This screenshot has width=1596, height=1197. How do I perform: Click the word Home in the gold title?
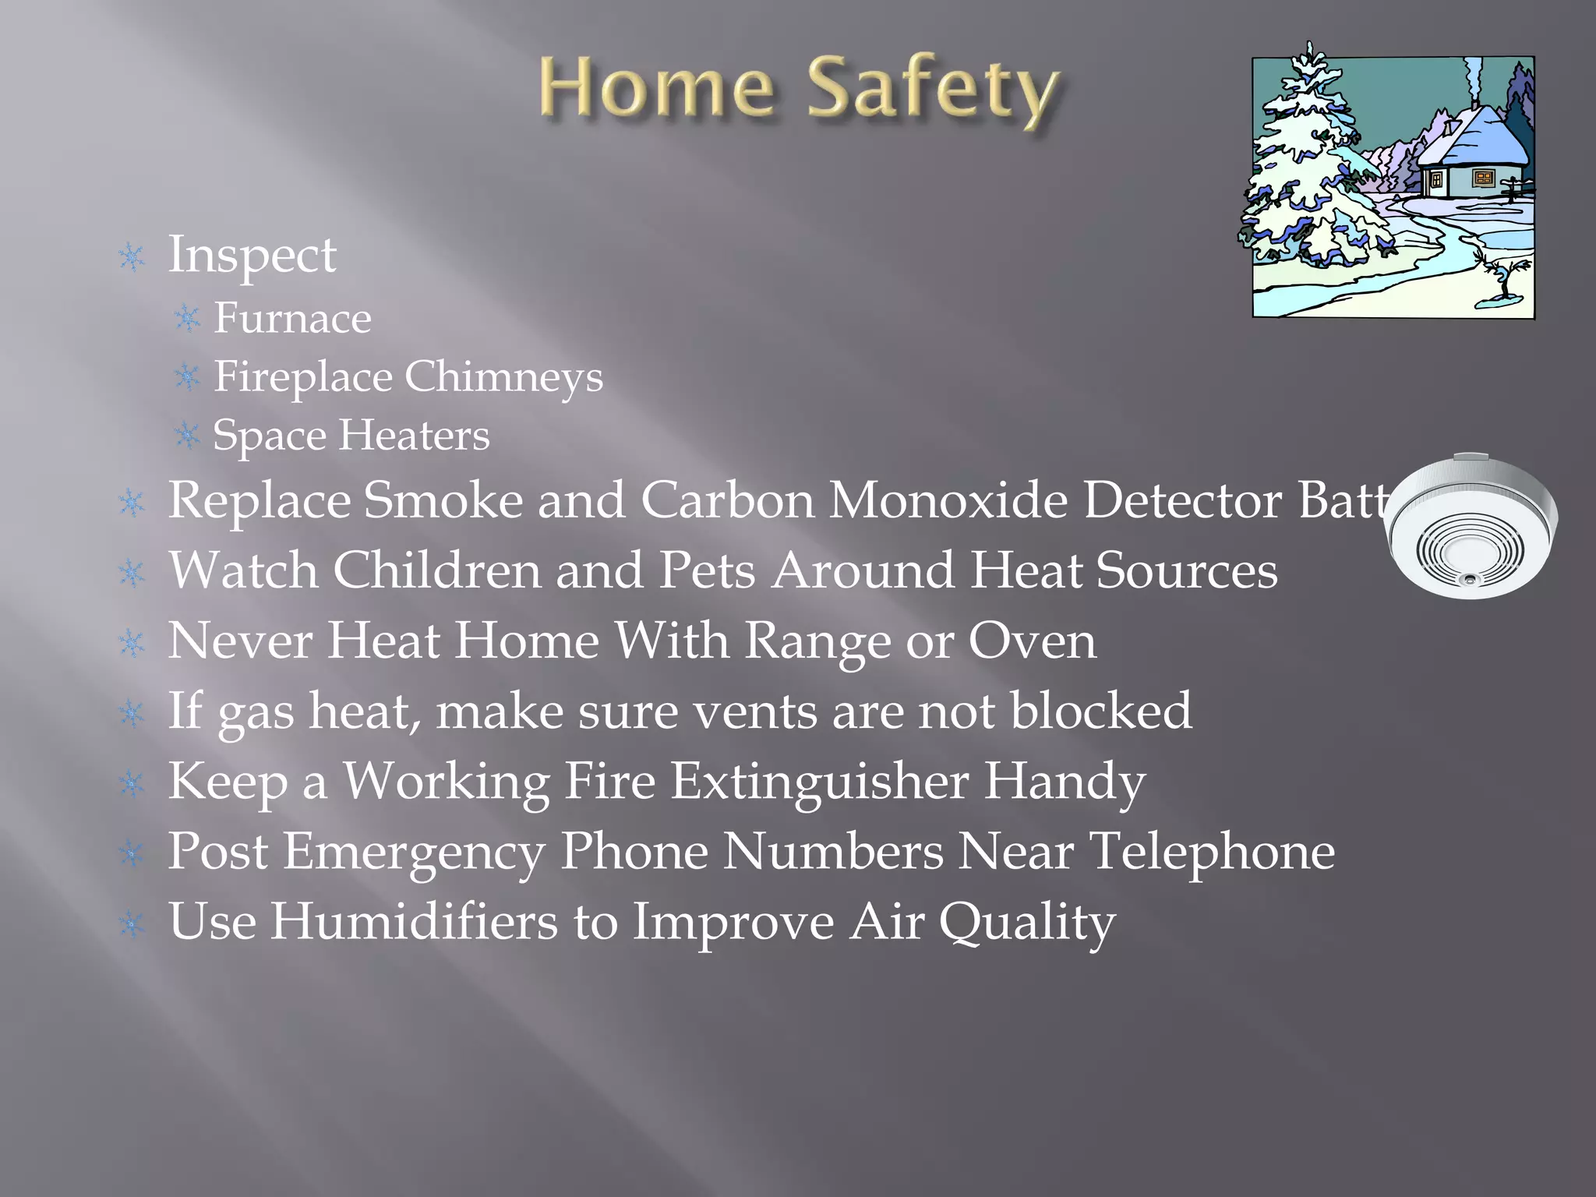(x=656, y=88)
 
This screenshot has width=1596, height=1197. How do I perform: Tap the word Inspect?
(x=252, y=256)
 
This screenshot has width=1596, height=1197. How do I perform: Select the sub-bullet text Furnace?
(x=292, y=318)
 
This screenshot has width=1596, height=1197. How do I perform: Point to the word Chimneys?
(x=503, y=377)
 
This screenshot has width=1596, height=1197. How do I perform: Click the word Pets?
(x=707, y=571)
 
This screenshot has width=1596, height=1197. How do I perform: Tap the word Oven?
(x=1032, y=641)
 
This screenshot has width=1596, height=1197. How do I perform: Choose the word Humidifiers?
(x=414, y=921)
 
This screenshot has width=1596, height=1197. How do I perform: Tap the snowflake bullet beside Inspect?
(x=132, y=257)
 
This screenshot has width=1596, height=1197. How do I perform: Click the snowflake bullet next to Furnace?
(x=188, y=319)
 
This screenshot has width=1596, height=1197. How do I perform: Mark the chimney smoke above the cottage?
(x=1473, y=78)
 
